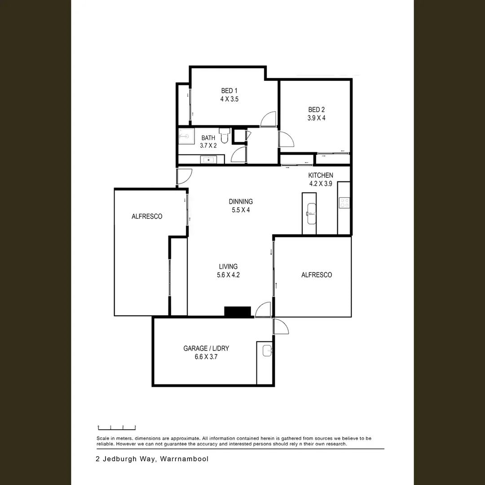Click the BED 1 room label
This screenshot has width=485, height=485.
pos(229,91)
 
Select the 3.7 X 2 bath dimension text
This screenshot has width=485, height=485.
pos(208,145)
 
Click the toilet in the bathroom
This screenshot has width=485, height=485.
pos(225,135)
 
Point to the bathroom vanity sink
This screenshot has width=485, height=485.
pos(208,159)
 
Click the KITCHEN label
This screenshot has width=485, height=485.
pos(320,175)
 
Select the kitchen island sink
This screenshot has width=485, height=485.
pos(309,211)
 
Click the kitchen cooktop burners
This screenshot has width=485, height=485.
pos(344,203)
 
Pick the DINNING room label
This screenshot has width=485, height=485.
pos(241,202)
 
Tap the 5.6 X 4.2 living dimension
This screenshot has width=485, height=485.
pos(228,275)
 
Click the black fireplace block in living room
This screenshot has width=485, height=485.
pos(237,312)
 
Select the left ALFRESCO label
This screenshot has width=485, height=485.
pos(147,216)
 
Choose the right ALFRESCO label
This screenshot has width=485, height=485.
pos(317,275)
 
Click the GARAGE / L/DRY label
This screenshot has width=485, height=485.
pos(206,348)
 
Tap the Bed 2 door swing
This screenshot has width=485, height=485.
pos(286,139)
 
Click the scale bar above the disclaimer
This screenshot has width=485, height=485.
pos(117,428)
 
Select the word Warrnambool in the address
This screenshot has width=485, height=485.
pos(184,459)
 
